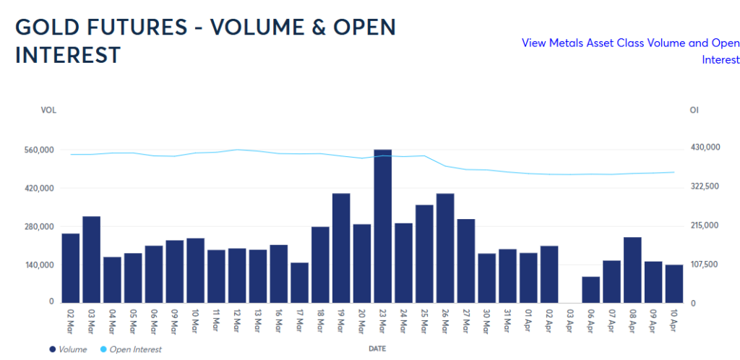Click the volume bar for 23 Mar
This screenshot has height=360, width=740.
(383, 226)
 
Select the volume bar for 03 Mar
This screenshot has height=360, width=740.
(91, 259)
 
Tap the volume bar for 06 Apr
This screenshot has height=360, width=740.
(591, 289)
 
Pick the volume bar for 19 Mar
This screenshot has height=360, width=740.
(341, 247)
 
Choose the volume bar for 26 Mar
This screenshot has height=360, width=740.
(445, 247)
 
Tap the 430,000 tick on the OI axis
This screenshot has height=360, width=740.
(705, 147)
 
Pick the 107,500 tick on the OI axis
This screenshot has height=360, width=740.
(705, 265)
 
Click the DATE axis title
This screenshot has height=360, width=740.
(377, 348)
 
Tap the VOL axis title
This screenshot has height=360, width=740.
(48, 110)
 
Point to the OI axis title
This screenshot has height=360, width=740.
(694, 110)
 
